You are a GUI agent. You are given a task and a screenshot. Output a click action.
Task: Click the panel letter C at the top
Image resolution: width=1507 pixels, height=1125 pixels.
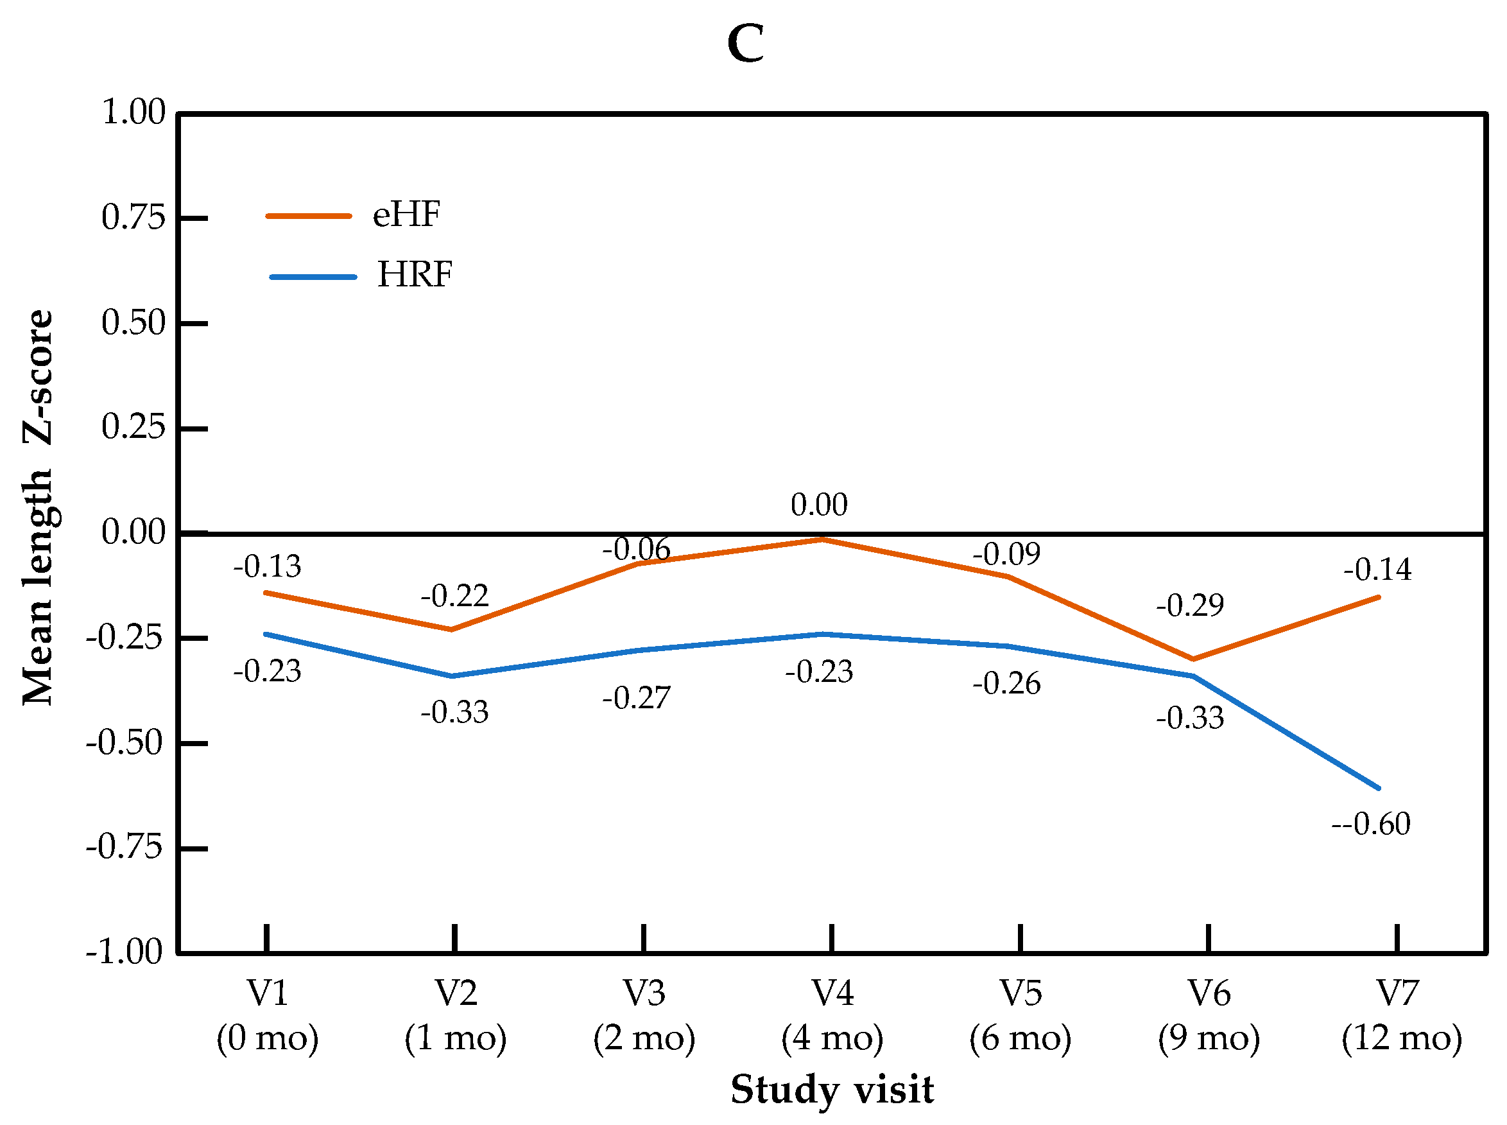[x=745, y=44]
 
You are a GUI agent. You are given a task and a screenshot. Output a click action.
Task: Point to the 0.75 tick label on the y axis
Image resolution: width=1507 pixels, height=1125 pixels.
[x=133, y=218]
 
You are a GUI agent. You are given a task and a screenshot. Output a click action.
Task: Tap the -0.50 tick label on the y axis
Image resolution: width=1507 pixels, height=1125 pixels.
[x=125, y=742]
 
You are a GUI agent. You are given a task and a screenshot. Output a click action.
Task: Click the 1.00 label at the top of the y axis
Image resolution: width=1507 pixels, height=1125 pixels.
[x=133, y=112]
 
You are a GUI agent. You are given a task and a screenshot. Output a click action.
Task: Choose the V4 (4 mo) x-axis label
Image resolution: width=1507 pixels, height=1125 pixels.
[x=832, y=1015]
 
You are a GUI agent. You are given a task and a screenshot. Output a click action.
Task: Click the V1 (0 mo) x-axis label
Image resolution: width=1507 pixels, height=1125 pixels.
[x=268, y=1015]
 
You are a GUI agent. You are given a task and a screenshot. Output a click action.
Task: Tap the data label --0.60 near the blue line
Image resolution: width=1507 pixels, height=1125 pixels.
[x=1370, y=824]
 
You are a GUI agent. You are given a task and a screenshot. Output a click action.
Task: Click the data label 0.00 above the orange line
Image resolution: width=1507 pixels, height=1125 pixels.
[x=819, y=505]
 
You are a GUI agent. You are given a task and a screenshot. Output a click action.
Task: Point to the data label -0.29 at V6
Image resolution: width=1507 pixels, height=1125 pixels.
[x=1190, y=606]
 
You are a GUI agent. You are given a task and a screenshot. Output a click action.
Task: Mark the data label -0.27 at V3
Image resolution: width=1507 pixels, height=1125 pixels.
[x=636, y=698]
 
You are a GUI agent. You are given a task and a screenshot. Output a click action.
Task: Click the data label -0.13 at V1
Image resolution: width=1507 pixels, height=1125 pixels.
[x=267, y=566]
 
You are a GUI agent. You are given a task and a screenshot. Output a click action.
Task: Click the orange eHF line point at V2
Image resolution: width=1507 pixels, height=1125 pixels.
[x=451, y=629]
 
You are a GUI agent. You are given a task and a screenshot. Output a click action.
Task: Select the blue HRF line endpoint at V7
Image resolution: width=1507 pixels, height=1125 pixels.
[x=1379, y=789]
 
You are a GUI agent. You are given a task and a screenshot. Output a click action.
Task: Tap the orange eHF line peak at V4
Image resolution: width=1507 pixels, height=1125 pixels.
[x=822, y=539]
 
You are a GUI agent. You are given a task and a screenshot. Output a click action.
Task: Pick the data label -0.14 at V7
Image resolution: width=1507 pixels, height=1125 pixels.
[x=1377, y=570]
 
